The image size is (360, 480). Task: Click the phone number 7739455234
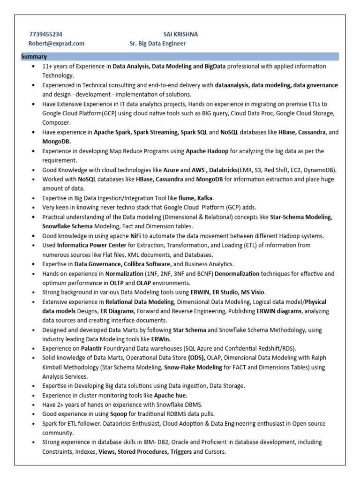(45, 34)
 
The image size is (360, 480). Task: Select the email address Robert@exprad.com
(57, 44)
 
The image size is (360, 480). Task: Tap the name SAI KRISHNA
(180, 34)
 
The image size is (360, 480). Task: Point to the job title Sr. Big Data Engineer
(157, 44)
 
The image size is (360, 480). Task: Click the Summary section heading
(33, 57)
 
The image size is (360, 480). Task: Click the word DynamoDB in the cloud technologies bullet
(319, 170)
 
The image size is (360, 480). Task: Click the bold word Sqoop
(119, 414)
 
